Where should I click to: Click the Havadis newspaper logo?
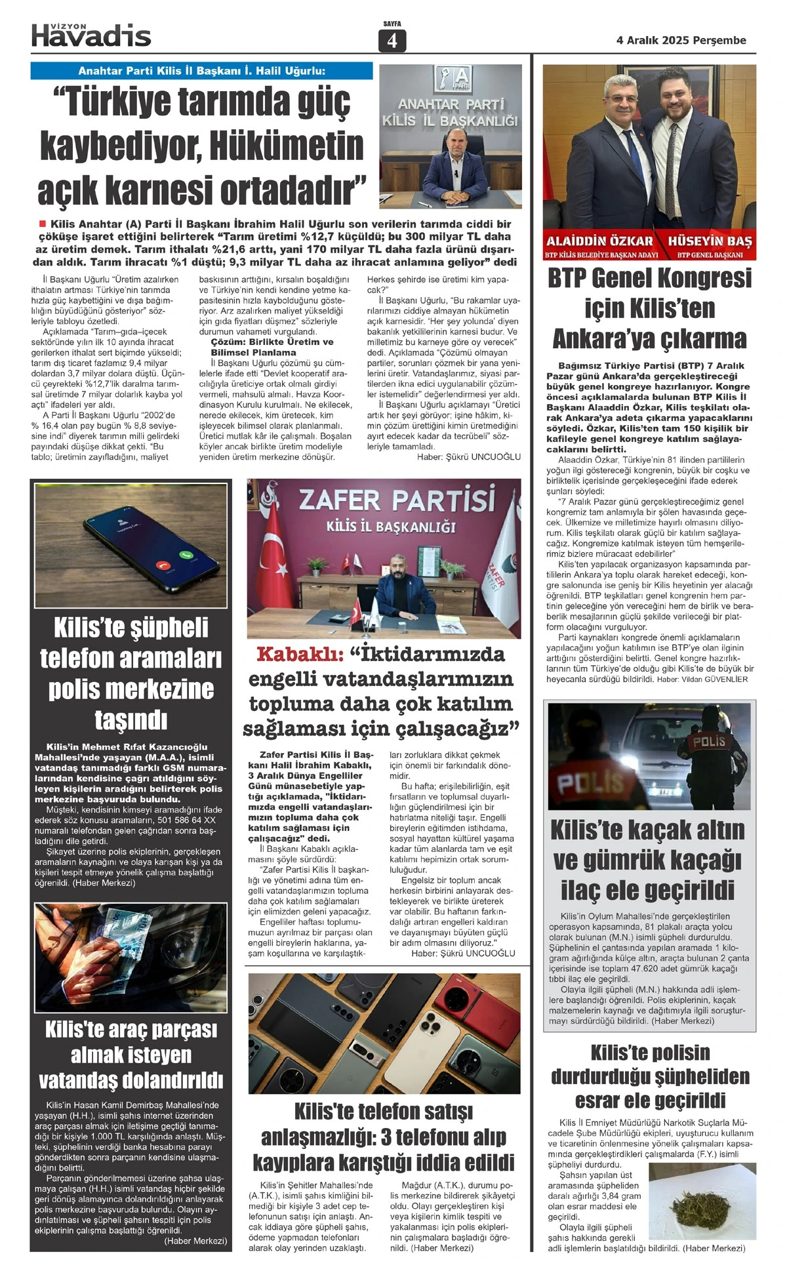pyautogui.click(x=91, y=35)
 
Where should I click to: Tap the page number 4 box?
pyautogui.click(x=392, y=41)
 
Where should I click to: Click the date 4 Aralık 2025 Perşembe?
pyautogui.click(x=681, y=40)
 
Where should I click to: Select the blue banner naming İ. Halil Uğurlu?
pyautogui.click(x=201, y=71)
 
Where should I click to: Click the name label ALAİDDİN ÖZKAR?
pyautogui.click(x=599, y=241)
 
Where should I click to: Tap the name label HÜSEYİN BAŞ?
pyautogui.click(x=710, y=241)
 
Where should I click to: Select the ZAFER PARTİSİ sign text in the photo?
pyautogui.click(x=396, y=500)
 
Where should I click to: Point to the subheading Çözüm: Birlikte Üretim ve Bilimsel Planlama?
pyautogui.click(x=272, y=347)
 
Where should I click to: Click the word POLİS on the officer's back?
pyautogui.click(x=710, y=741)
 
